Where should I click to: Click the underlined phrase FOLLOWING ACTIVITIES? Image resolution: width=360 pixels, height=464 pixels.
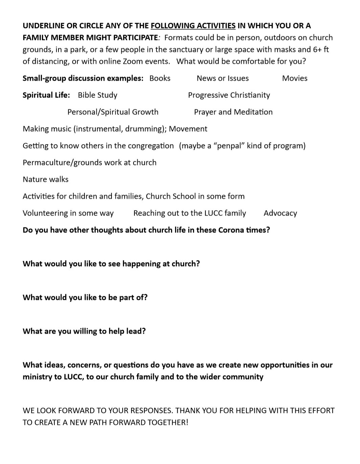point(193,26)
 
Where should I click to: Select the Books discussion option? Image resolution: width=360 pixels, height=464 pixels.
point(160,78)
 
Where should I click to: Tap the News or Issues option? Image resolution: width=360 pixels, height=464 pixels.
point(222,78)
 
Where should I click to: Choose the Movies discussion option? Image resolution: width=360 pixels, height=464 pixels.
point(295,78)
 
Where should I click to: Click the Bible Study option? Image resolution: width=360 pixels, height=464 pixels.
point(97,95)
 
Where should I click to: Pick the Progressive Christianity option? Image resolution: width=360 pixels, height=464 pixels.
point(229,95)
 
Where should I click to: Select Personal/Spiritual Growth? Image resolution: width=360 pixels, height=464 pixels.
point(113,112)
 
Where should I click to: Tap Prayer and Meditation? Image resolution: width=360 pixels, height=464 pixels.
point(233,112)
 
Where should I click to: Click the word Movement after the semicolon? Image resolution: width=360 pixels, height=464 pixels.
point(188,129)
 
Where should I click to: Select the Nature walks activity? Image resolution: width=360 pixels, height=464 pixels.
point(45,179)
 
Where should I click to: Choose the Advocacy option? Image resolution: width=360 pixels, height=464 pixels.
point(280,213)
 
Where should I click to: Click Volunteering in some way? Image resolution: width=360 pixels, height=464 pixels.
point(68,213)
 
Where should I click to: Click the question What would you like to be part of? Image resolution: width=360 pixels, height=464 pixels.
point(85,297)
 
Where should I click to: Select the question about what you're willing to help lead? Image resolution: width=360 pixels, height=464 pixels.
point(84,331)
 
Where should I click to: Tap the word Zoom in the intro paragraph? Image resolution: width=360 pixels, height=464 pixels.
point(137,61)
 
